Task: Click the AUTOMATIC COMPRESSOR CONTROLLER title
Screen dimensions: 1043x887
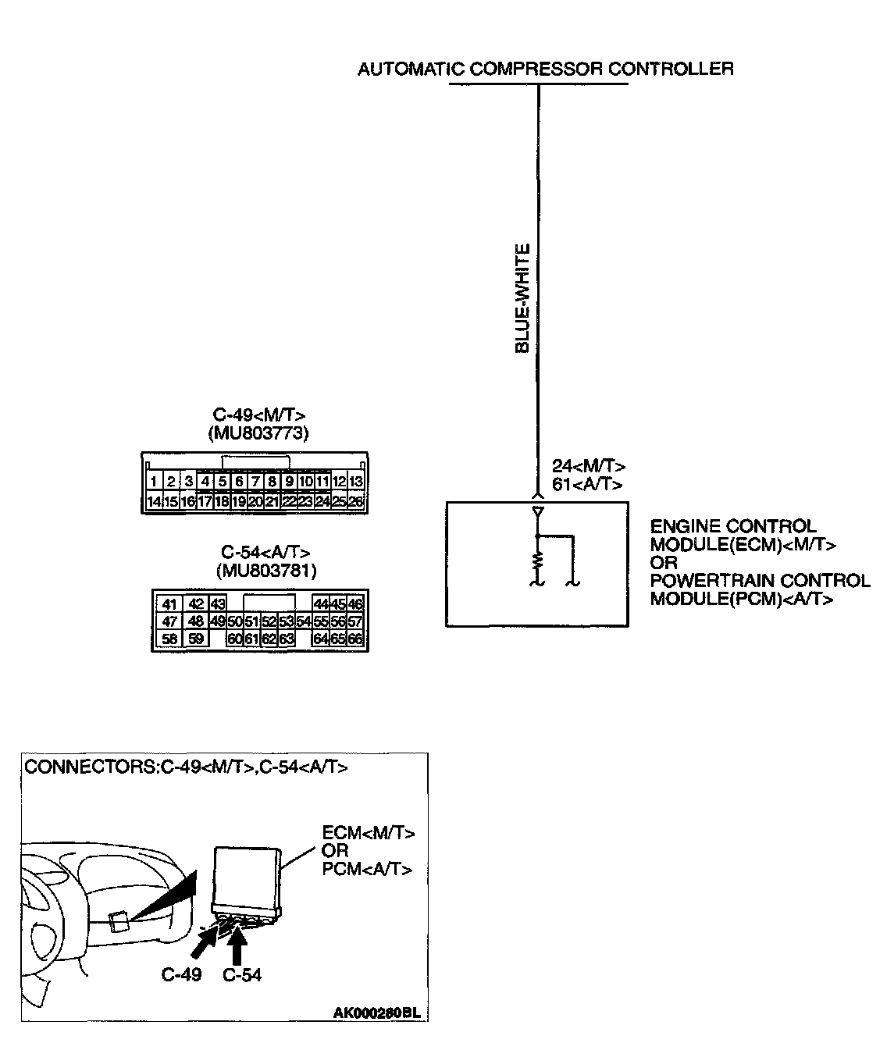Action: pos(545,69)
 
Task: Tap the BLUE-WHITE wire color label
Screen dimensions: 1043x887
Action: pos(522,298)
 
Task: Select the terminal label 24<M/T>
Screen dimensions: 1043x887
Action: pos(589,466)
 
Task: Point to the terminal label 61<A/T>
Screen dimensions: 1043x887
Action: pos(587,484)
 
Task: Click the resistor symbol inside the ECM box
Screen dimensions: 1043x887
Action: pos(537,561)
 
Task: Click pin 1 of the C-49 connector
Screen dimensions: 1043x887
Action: pos(155,482)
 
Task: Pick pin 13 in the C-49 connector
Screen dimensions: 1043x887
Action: pos(356,482)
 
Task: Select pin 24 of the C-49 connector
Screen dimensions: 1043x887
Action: pos(322,501)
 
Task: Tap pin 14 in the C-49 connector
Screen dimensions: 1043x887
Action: pos(155,501)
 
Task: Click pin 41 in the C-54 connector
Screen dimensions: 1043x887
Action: pos(169,603)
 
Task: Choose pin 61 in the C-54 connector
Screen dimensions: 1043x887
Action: pos(251,639)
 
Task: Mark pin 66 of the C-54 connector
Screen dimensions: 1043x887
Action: pos(356,639)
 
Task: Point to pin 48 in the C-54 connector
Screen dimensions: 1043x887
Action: pos(196,621)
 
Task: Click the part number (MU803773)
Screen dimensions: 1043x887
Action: pos(258,433)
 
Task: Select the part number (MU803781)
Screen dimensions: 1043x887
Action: pos(265,571)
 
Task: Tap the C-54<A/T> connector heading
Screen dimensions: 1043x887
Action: pos(266,553)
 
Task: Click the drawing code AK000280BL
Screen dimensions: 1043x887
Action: pos(378,1013)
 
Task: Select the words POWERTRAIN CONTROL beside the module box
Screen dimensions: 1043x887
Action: pos(760,581)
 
